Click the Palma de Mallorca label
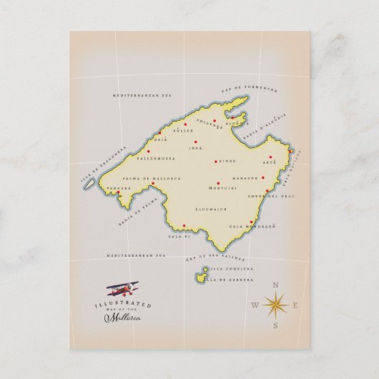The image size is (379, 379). coord(151,177)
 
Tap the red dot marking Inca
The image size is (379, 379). coord(195,142)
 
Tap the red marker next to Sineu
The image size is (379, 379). coord(217,163)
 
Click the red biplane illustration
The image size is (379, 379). coord(122,288)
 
